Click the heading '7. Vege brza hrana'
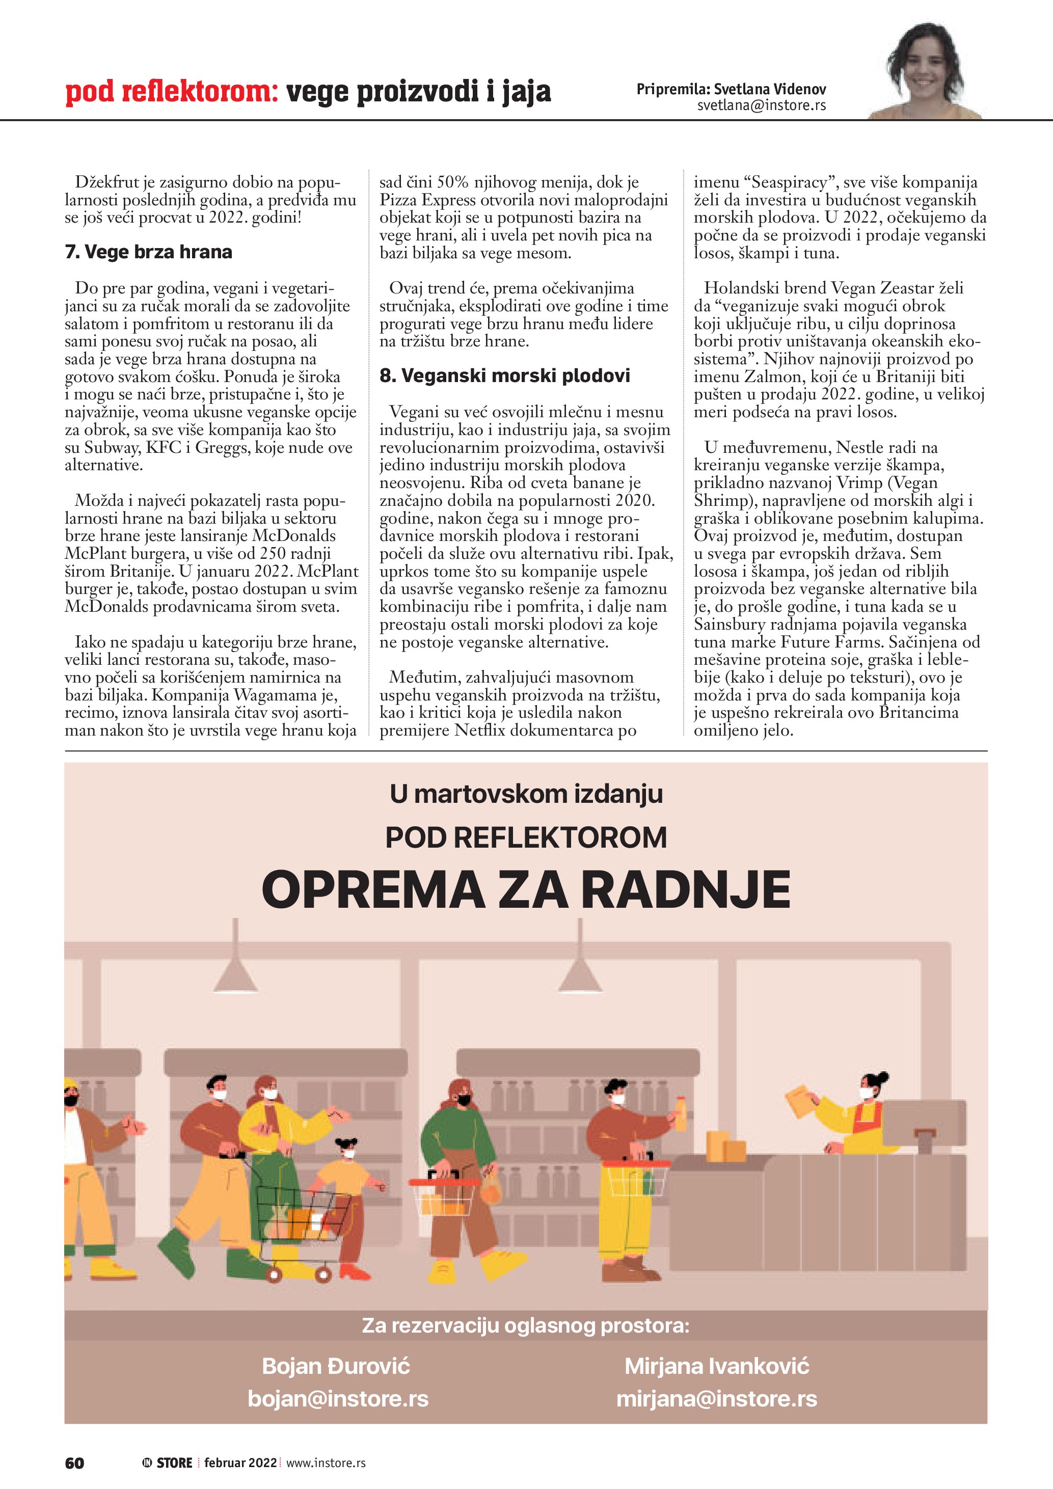(x=148, y=252)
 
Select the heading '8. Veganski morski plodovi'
(x=504, y=375)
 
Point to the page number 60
(x=74, y=1463)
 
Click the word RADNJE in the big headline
(x=685, y=890)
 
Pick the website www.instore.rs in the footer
(x=326, y=1463)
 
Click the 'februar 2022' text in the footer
(x=240, y=1463)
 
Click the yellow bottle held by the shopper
(x=680, y=1114)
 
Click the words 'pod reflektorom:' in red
(x=171, y=92)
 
